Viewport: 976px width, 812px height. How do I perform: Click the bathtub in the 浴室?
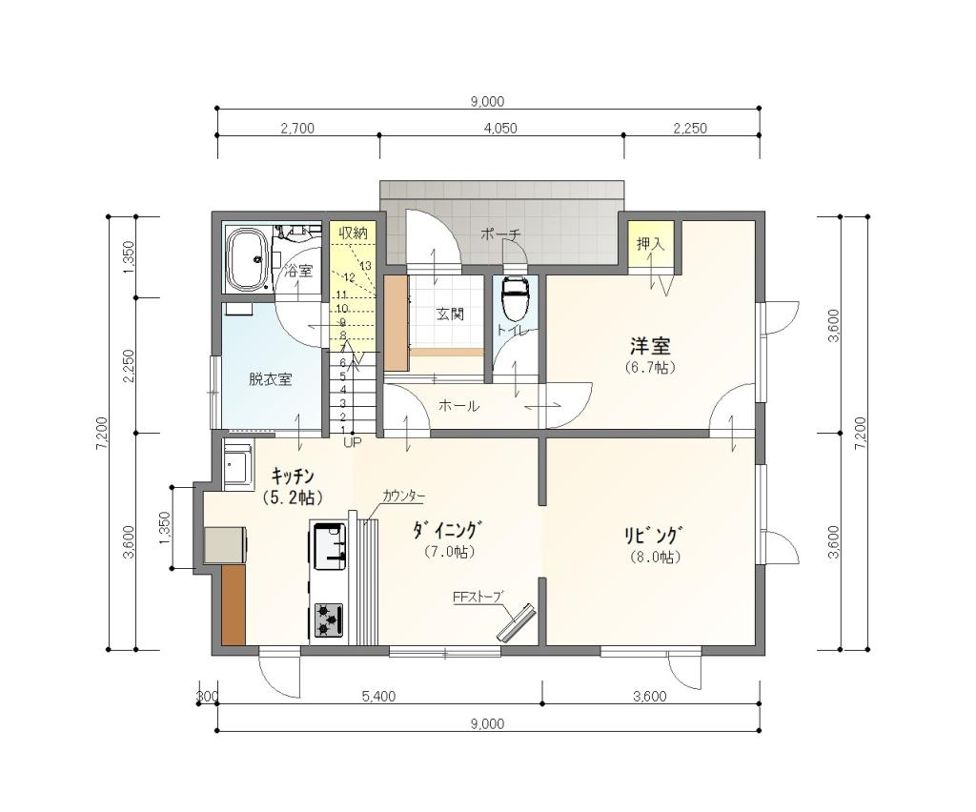248,260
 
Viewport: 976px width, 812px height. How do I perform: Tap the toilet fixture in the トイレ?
516,299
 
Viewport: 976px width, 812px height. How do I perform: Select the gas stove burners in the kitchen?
328,619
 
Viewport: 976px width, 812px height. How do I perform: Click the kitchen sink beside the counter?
329,545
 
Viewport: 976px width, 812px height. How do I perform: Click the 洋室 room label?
650,346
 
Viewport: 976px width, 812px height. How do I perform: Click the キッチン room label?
293,476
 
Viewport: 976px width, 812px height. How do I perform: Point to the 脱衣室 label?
270,379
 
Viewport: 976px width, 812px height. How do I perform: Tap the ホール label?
458,406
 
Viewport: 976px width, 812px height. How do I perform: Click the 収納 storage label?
353,233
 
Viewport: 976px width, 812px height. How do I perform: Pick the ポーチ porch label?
500,233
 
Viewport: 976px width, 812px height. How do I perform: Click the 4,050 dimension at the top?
500,128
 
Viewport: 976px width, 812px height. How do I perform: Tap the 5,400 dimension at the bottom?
378,697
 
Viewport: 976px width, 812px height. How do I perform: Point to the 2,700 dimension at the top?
297,128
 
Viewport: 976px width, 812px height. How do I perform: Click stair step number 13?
365,265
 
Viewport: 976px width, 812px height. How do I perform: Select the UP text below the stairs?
352,442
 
